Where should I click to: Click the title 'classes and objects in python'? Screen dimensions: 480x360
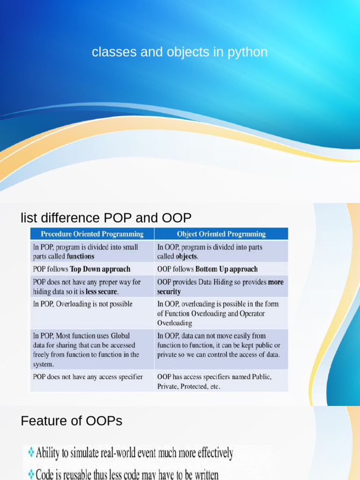click(x=180, y=52)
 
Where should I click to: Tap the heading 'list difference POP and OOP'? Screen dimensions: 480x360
click(x=106, y=218)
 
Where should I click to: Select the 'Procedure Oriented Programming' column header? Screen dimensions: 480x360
click(x=92, y=234)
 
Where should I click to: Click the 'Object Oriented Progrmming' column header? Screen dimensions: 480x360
click(x=221, y=234)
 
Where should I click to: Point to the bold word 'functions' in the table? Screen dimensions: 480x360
click(x=81, y=256)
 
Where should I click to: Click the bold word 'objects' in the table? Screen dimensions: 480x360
click(x=187, y=256)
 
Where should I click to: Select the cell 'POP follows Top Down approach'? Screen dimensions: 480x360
click(x=82, y=269)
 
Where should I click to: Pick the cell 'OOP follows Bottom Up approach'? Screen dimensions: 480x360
click(x=207, y=269)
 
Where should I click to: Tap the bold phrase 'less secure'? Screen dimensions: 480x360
click(x=101, y=291)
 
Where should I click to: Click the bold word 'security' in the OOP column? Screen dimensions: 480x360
click(x=169, y=291)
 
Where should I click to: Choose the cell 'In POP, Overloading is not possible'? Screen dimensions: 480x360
click(x=82, y=304)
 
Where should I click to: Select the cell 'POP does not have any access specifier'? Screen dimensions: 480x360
click(x=88, y=376)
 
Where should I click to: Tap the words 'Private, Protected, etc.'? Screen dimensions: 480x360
click(x=188, y=387)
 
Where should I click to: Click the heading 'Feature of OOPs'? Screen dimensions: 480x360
click(x=71, y=421)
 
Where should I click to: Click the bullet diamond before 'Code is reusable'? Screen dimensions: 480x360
click(x=30, y=473)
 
